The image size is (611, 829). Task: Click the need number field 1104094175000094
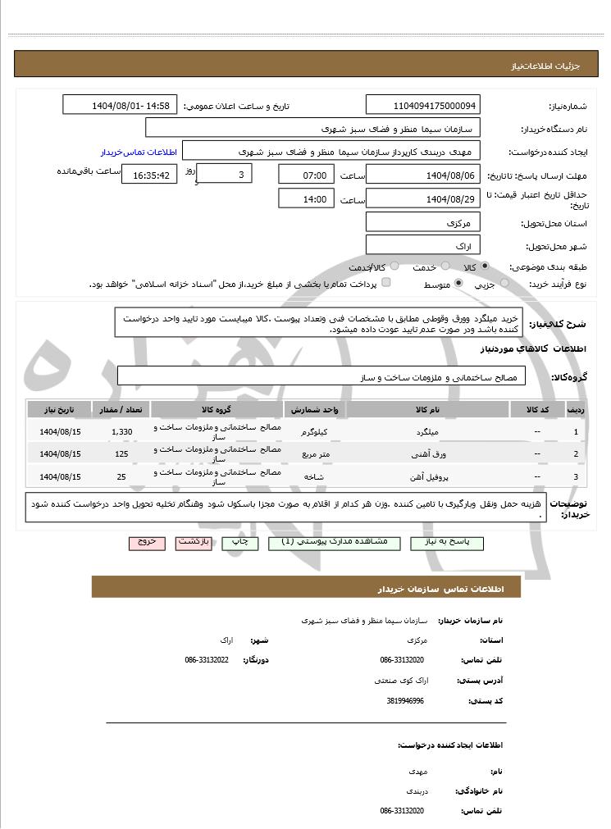point(423,106)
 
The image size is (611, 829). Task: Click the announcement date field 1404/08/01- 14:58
point(120,106)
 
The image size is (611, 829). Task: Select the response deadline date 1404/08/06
point(423,175)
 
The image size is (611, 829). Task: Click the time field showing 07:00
point(306,175)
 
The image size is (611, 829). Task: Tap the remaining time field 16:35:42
point(148,175)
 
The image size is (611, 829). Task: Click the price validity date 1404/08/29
point(423,198)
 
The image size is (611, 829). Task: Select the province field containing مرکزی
point(423,222)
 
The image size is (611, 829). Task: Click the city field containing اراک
point(423,245)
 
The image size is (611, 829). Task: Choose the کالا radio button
point(485,266)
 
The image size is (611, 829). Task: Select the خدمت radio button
point(444,266)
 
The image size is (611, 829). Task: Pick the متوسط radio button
point(458,283)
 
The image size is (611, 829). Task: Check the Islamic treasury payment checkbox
point(386,283)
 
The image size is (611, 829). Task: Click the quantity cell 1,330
point(121,431)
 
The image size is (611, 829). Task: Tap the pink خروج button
point(147,543)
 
